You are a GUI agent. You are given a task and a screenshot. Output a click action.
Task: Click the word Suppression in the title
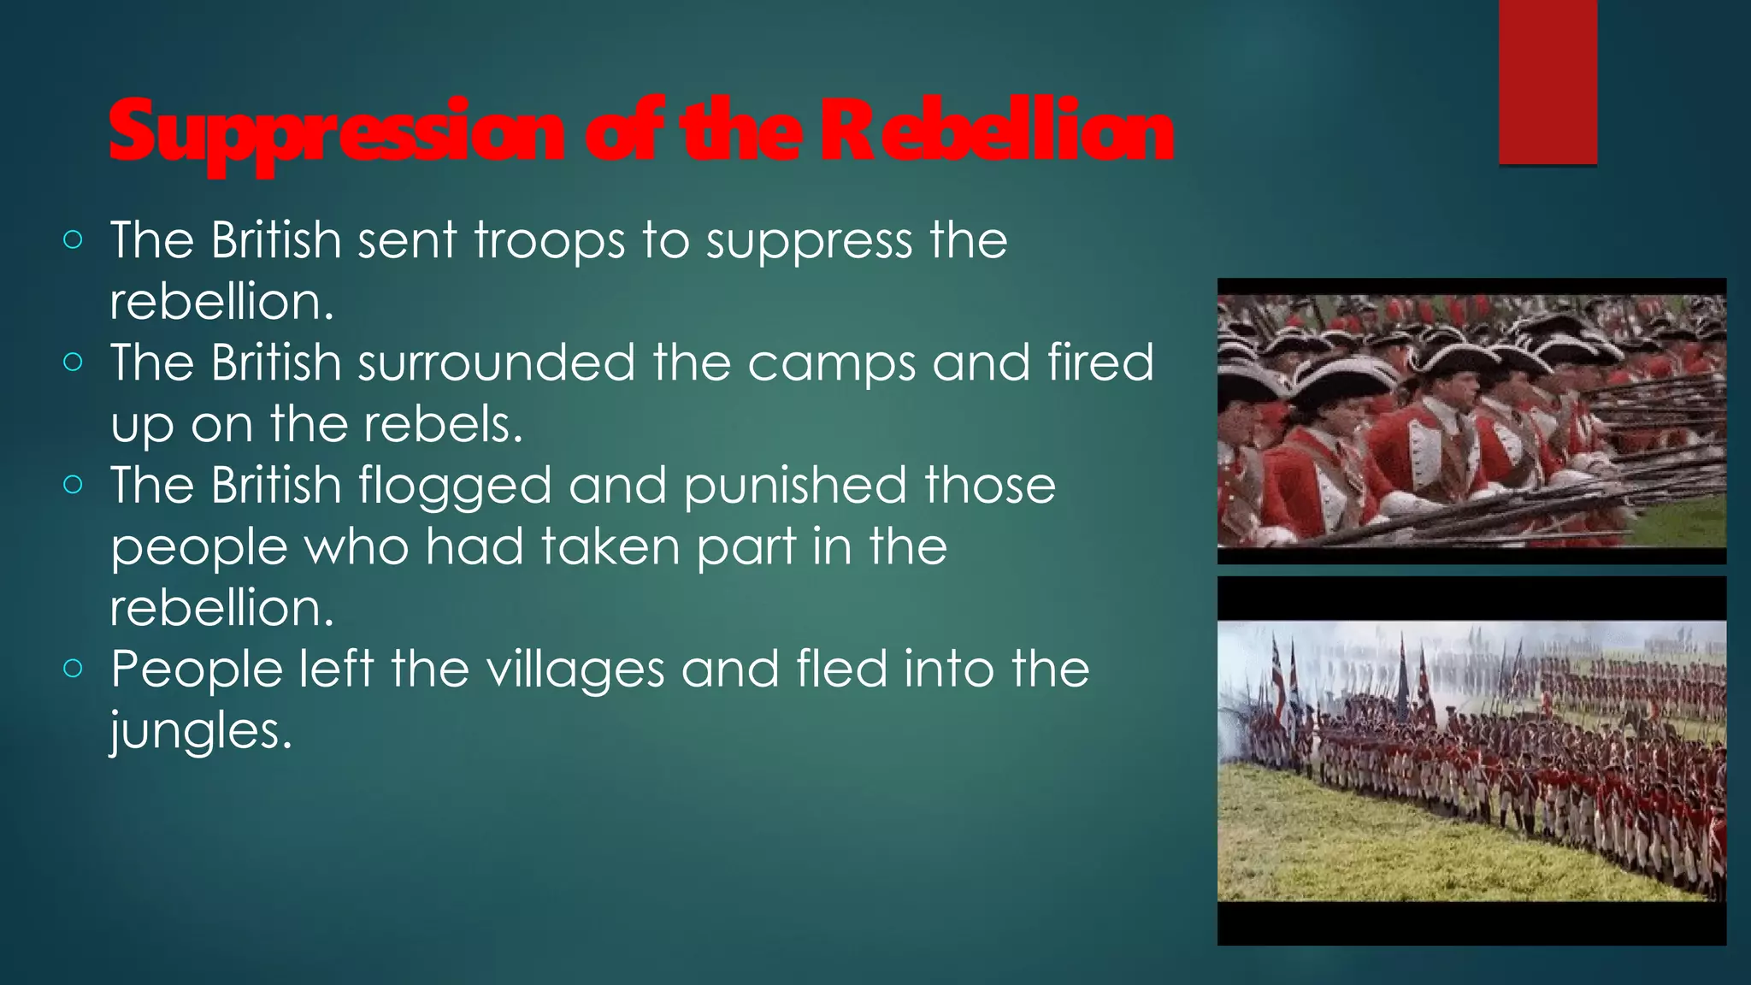point(335,133)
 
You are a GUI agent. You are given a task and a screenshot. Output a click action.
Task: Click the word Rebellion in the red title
point(997,133)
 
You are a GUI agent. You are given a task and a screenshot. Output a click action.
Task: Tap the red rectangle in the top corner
point(1548,81)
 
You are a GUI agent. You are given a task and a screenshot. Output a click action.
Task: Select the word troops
point(549,240)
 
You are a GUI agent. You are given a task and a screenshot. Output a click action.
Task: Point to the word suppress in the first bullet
point(809,242)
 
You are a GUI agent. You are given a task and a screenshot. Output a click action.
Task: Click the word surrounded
point(497,363)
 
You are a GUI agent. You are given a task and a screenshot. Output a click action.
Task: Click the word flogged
point(455,487)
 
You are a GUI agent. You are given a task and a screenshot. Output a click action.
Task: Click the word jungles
point(201,733)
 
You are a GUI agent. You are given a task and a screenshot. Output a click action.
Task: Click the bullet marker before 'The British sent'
point(74,240)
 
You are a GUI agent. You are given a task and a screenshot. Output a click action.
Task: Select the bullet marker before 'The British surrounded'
point(74,363)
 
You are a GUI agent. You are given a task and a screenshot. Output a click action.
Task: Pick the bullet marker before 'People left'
point(74,669)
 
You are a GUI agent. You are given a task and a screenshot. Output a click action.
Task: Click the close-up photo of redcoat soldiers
point(1471,421)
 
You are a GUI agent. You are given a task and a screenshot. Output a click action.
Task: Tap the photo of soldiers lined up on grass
point(1471,761)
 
